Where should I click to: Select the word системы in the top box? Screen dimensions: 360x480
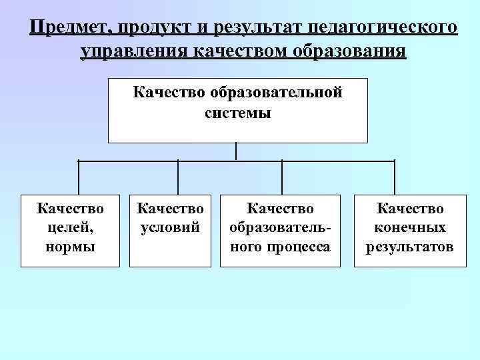[x=238, y=113]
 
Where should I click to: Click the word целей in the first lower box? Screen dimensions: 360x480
[x=70, y=228]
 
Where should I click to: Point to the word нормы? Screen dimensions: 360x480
[x=70, y=247]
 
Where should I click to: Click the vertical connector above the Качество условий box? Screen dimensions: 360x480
[x=178, y=177]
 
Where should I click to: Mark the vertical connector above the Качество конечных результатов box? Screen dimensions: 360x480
[x=395, y=177]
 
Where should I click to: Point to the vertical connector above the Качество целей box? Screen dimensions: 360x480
[x=79, y=177]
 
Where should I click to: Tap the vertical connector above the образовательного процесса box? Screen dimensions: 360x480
[x=282, y=177]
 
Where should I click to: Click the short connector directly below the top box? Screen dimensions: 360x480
[x=237, y=151]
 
